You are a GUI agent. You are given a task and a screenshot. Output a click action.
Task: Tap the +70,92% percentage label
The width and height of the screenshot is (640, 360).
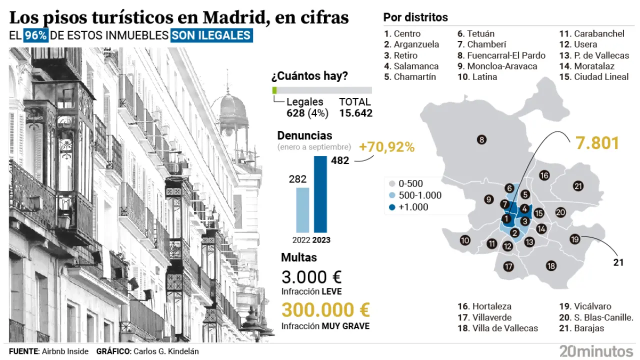387,147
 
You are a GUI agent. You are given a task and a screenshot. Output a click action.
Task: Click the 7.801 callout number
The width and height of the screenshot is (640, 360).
597,143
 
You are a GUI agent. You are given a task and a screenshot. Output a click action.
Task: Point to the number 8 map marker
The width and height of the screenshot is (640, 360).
481,140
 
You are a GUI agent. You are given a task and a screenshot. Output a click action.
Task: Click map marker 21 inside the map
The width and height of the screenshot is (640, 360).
578,186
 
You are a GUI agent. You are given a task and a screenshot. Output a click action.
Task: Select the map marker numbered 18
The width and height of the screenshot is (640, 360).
551,266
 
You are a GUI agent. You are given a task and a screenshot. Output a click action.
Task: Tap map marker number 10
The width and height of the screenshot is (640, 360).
465,240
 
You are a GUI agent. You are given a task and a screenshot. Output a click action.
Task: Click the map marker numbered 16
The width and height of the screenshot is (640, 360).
544,175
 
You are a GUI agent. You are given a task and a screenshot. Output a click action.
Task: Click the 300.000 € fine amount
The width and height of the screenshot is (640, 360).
326,310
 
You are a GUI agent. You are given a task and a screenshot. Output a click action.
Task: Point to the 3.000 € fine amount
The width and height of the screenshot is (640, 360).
311,277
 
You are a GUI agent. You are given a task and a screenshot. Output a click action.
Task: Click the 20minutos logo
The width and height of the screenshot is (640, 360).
596,351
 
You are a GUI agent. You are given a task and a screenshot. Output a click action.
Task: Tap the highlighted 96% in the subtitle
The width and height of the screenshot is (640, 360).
36,35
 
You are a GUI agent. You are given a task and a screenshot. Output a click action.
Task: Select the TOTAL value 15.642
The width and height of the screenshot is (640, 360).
355,113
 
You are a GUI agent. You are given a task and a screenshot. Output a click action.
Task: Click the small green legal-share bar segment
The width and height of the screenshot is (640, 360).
274,90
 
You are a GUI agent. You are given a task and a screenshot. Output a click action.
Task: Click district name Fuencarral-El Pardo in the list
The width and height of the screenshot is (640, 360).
506,55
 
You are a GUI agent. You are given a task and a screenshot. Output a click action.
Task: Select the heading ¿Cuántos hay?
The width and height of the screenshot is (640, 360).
309,76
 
